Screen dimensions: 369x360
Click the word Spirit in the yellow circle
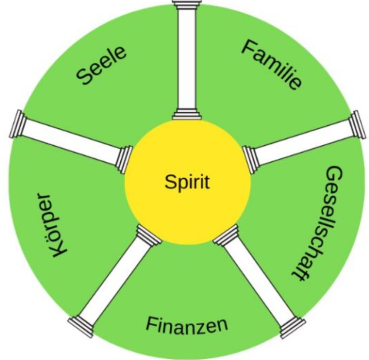coord(187,182)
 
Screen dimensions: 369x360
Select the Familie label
coord(271,65)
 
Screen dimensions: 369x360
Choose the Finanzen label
coord(187,326)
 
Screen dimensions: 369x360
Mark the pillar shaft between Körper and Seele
coord(71,142)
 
